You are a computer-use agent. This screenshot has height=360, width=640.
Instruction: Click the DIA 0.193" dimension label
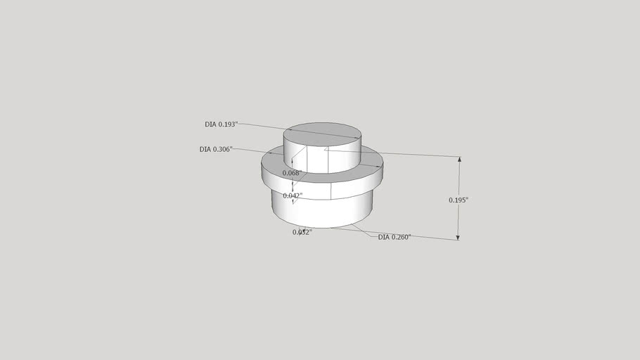[222, 124]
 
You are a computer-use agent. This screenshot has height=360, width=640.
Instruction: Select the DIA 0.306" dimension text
[216, 149]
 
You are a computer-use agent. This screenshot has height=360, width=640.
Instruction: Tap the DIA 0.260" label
[395, 238]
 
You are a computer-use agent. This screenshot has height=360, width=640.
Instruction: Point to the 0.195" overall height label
[459, 200]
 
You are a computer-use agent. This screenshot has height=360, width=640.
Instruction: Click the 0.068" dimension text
[292, 173]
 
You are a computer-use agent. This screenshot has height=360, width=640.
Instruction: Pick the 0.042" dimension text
[293, 195]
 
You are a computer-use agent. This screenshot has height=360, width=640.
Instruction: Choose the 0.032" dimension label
[302, 232]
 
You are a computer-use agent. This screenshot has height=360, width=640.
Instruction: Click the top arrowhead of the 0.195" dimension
[459, 160]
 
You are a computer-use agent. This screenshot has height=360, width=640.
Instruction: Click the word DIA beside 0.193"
[211, 124]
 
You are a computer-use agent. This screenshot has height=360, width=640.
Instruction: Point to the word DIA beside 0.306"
[205, 149]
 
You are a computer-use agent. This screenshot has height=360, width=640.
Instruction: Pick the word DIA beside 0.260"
[384, 238]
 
